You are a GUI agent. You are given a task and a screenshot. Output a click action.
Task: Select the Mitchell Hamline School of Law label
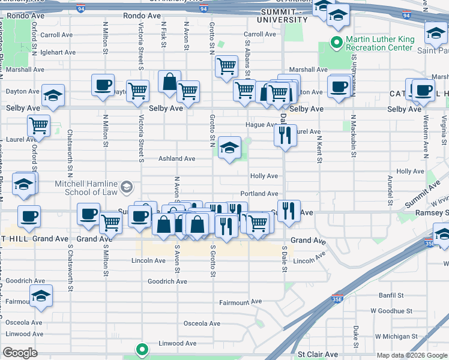[86, 188]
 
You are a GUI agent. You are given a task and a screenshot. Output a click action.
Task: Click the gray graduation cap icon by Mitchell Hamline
[126, 188]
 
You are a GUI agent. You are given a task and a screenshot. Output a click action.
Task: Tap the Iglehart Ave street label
[58, 52]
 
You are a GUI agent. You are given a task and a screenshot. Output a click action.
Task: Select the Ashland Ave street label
[176, 159]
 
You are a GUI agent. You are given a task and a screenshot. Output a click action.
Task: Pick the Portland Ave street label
[259, 194]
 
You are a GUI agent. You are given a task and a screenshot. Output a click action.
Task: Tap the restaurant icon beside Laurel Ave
[285, 135]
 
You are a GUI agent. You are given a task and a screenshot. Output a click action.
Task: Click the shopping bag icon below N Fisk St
[170, 81]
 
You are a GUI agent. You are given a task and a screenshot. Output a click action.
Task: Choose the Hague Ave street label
[259, 125]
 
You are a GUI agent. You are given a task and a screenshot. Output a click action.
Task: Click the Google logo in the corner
[20, 353]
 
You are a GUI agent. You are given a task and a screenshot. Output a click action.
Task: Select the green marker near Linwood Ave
[142, 348]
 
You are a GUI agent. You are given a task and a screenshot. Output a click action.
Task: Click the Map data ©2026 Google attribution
[411, 355]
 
